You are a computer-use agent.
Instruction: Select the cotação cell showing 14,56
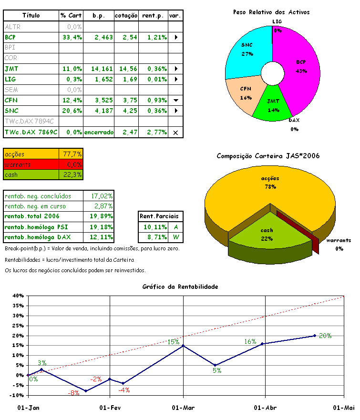[x=126, y=69]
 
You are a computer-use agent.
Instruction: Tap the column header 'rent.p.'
[x=153, y=16]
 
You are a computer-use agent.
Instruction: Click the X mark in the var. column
[x=175, y=132]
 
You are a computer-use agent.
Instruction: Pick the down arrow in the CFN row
[x=175, y=101]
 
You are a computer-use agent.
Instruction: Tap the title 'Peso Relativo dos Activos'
[x=271, y=12]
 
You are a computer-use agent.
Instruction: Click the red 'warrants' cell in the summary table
[x=31, y=164]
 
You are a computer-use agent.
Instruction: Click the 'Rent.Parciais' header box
[x=161, y=216]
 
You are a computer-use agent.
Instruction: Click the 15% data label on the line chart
[x=173, y=342]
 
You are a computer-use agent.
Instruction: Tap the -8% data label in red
[x=73, y=393]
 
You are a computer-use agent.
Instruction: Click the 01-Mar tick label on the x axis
[x=183, y=408]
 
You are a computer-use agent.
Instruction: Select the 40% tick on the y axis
[x=17, y=296]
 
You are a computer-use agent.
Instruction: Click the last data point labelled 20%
[x=315, y=336]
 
